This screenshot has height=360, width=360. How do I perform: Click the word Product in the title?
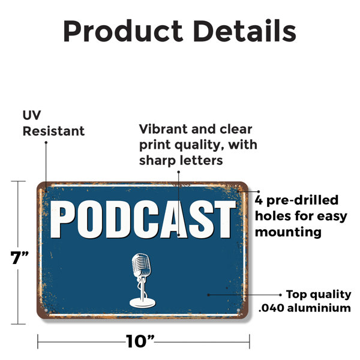[x=123, y=31]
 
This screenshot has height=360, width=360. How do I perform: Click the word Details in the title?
[x=245, y=31]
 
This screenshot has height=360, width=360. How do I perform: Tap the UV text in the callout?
[x=32, y=115]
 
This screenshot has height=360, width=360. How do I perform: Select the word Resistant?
[x=53, y=131]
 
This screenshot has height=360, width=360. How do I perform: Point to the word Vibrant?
[x=164, y=129]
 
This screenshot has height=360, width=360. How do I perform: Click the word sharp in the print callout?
[x=156, y=161]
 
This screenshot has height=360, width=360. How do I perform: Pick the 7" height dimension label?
[x=20, y=257]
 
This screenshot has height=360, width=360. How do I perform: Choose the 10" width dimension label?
[x=140, y=341]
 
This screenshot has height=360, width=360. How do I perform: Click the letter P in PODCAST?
[x=62, y=219]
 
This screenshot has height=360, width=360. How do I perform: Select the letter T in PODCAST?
[x=223, y=219]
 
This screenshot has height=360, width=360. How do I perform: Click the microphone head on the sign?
[x=141, y=265]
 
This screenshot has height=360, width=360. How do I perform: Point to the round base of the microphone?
[x=142, y=302]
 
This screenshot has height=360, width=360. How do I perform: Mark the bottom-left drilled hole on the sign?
[x=46, y=310]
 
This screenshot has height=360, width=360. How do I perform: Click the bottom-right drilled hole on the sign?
[x=238, y=310]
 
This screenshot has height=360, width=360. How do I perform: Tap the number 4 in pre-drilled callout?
[x=259, y=200]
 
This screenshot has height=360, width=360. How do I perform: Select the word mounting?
[x=288, y=232]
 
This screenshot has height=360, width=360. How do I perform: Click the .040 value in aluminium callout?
[x=271, y=308]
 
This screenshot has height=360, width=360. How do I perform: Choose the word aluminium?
[x=319, y=308]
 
